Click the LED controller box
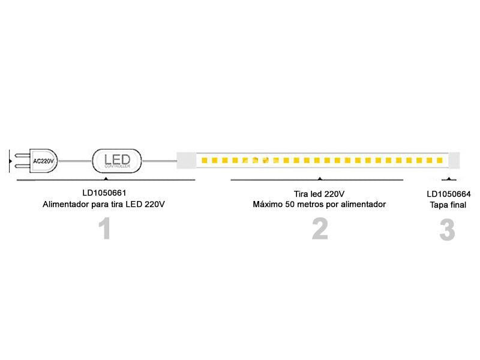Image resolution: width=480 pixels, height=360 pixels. (x=118, y=161)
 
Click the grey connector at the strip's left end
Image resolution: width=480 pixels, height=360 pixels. (x=186, y=161)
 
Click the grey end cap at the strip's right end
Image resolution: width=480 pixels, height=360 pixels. (x=454, y=161)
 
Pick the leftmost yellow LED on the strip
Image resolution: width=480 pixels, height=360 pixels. (x=205, y=161)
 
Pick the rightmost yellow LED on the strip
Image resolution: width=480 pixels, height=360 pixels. (x=440, y=161)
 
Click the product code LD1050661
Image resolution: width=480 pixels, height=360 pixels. (x=104, y=193)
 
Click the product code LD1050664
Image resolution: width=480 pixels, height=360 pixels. (x=448, y=194)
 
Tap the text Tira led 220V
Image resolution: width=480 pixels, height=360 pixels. (x=319, y=193)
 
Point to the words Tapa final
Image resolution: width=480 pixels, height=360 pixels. (x=448, y=205)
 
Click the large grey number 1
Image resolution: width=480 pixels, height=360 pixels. (x=106, y=229)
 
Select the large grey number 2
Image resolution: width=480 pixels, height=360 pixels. (x=320, y=229)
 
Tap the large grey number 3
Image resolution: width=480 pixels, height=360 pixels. (x=447, y=230)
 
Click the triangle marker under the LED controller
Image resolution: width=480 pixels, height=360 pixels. (x=106, y=179)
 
